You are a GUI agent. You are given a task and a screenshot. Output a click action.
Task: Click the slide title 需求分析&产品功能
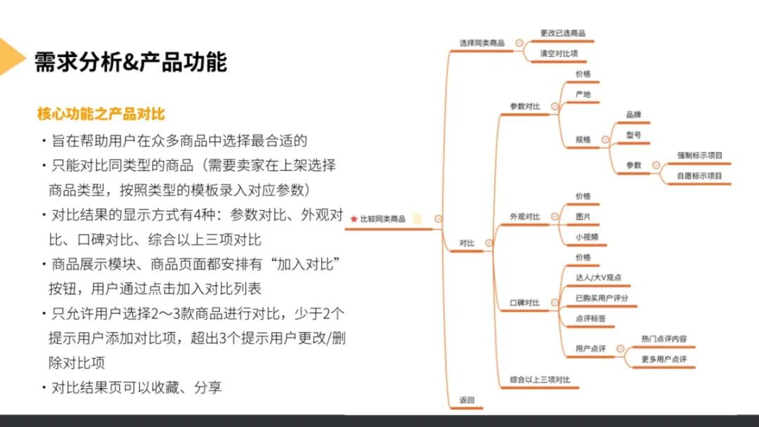point(131,62)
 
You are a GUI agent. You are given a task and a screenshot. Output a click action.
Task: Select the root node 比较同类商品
point(382,219)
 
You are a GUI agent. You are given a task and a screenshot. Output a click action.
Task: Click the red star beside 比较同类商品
point(353,219)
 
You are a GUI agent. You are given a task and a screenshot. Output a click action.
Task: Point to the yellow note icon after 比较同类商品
point(417,219)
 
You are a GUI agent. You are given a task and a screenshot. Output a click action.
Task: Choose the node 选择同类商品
point(481,43)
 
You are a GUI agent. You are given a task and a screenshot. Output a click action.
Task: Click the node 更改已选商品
point(562,33)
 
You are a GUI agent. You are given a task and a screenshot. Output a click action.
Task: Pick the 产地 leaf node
point(583,94)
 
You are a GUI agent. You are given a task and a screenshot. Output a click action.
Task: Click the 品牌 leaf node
point(633,114)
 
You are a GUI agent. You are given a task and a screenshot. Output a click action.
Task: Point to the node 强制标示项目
point(699,155)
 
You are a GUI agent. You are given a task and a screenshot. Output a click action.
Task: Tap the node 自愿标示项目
point(699,176)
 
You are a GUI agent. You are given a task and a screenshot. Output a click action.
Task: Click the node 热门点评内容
point(664,339)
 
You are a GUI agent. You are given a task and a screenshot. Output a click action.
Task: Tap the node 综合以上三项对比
point(540,380)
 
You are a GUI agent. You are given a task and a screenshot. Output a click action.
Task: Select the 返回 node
point(467,400)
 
